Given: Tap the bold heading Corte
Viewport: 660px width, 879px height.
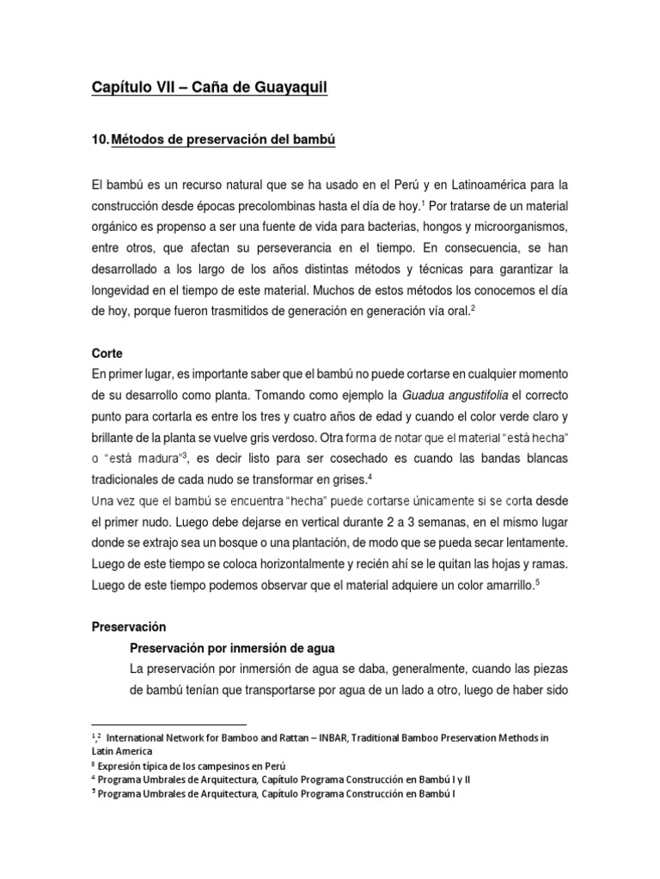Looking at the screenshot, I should [x=107, y=353].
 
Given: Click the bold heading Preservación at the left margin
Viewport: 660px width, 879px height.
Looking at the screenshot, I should [x=129, y=627].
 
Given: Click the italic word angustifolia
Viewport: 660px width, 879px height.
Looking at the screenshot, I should [x=480, y=395].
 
